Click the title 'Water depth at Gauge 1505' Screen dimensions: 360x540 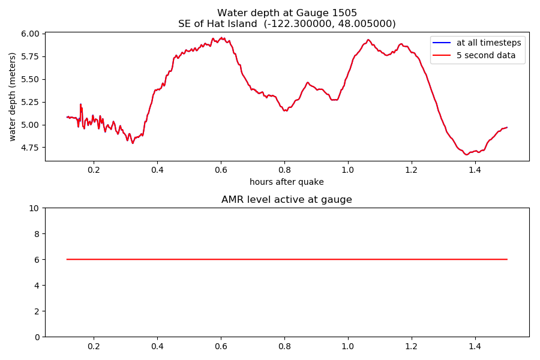point(287,13)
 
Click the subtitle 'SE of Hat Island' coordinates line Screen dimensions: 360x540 point(287,24)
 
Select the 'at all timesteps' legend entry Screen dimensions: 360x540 point(489,42)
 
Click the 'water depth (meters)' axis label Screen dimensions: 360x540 point(13,97)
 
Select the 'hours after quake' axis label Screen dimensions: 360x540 point(287,182)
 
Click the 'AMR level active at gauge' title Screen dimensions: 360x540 point(287,200)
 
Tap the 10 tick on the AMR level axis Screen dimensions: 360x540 point(34,208)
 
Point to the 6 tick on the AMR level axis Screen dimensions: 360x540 point(37,260)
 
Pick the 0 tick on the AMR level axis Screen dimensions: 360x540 point(37,337)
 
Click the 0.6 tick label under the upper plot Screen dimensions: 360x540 point(221,170)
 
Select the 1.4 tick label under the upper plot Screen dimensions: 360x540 point(475,170)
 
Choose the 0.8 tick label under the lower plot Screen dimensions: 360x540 point(284,346)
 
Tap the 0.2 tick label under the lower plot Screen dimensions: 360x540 point(94,346)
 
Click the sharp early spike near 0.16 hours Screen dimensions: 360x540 point(80,104)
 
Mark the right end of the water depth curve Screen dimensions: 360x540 point(507,127)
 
